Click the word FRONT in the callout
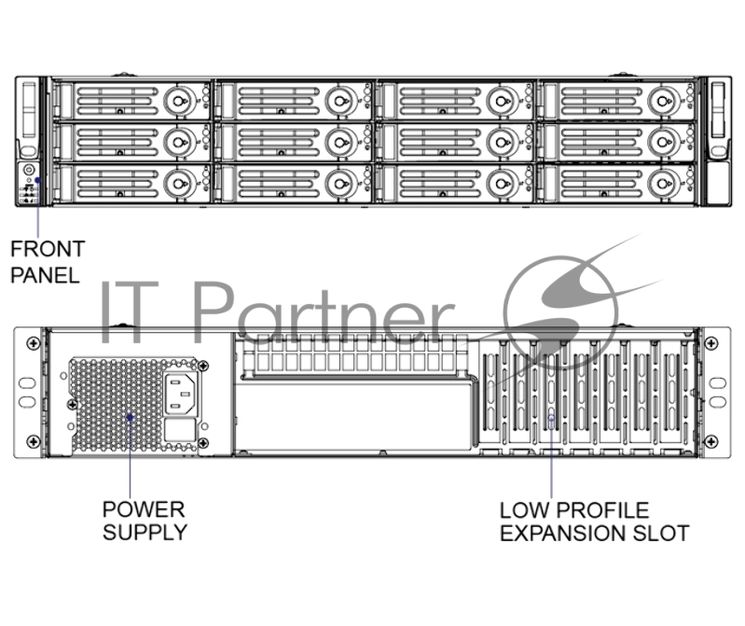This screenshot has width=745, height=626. pyautogui.click(x=47, y=250)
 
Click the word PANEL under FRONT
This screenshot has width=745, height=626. pyautogui.click(x=45, y=274)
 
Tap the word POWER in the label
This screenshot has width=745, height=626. pyautogui.click(x=144, y=509)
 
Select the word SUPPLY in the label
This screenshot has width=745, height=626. pyautogui.click(x=145, y=533)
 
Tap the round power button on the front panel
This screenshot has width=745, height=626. pyautogui.click(x=28, y=171)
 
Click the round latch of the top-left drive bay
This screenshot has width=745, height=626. pyautogui.click(x=176, y=97)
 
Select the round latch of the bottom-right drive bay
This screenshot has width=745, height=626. pyautogui.click(x=663, y=183)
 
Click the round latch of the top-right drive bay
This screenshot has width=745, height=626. pyautogui.click(x=663, y=97)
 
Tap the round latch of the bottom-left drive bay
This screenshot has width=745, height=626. pyautogui.click(x=176, y=183)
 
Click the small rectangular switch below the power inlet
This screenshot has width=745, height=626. pyautogui.click(x=180, y=430)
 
